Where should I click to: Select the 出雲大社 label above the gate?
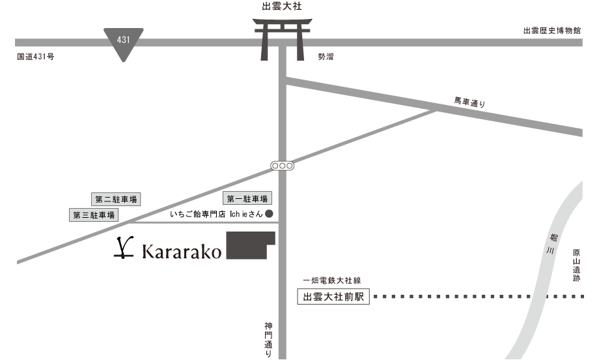282,6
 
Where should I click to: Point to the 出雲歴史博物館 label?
552,31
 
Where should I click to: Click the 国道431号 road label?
36,57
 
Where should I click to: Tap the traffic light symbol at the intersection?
282,166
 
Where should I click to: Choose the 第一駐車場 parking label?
248,199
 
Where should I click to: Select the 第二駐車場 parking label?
116,199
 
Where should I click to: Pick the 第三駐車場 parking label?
94,215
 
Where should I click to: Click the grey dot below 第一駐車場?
268,213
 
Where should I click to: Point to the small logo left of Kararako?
119,250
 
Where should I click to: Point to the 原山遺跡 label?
576,264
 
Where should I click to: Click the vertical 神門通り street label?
268,339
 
